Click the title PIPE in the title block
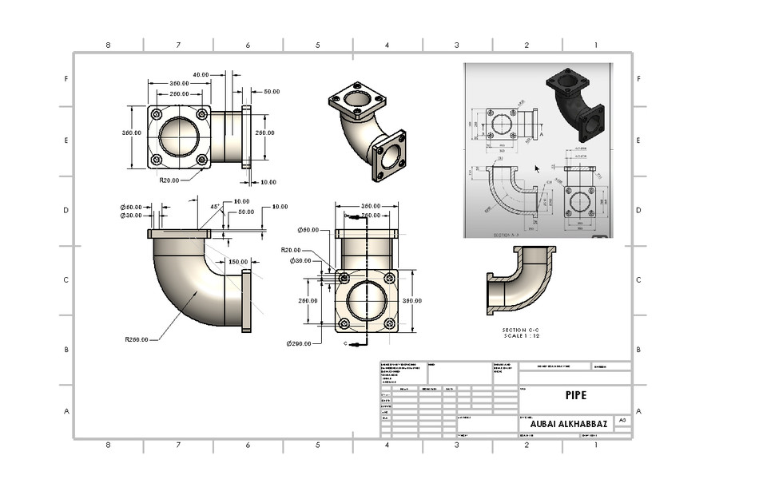point(575,395)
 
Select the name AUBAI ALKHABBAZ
point(565,424)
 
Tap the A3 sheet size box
point(622,420)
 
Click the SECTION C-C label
point(525,330)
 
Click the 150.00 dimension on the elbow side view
point(238,262)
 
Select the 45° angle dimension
point(215,206)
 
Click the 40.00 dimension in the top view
point(201,74)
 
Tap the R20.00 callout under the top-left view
point(169,180)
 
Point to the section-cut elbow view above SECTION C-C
point(520,279)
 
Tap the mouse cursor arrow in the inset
point(537,168)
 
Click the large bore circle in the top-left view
point(179,137)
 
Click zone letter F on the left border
point(66,79)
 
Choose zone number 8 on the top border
point(108,45)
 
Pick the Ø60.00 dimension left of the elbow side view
point(131,207)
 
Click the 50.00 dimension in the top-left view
point(272,92)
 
